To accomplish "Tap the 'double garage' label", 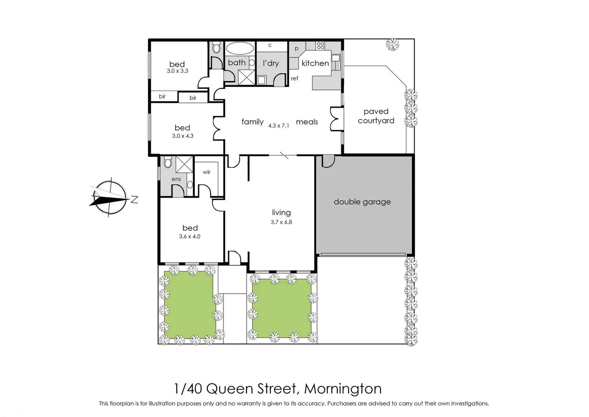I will pos(362,202).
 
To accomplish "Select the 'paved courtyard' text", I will pos(376,116).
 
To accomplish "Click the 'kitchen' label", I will pos(315,63).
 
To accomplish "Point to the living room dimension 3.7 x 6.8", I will pos(281,222).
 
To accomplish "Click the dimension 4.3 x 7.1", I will pos(278,125).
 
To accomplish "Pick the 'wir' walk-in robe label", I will pos(206,172).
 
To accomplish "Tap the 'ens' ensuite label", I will pos(176,179).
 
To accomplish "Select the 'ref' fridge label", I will pos(294,78).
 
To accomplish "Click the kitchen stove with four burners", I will pos(320,46).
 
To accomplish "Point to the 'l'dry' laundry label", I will pos(271,63).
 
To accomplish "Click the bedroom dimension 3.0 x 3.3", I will pos(177,71).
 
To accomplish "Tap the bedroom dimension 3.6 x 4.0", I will pos(189,237).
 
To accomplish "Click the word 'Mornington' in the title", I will pos(343,388).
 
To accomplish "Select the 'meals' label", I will pos(307,122).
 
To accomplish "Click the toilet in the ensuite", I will pos(167,163).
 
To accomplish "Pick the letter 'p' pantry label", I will pos(296,49).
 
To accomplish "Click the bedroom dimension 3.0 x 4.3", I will pos(182,136).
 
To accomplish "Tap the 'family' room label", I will pos(252,122).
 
